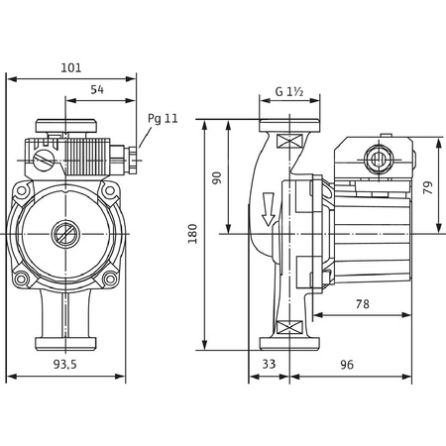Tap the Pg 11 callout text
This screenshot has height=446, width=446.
(163, 118)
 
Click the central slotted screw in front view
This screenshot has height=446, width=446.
(65, 236)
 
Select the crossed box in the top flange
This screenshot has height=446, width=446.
(288, 140)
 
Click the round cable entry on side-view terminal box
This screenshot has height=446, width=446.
(378, 159)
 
